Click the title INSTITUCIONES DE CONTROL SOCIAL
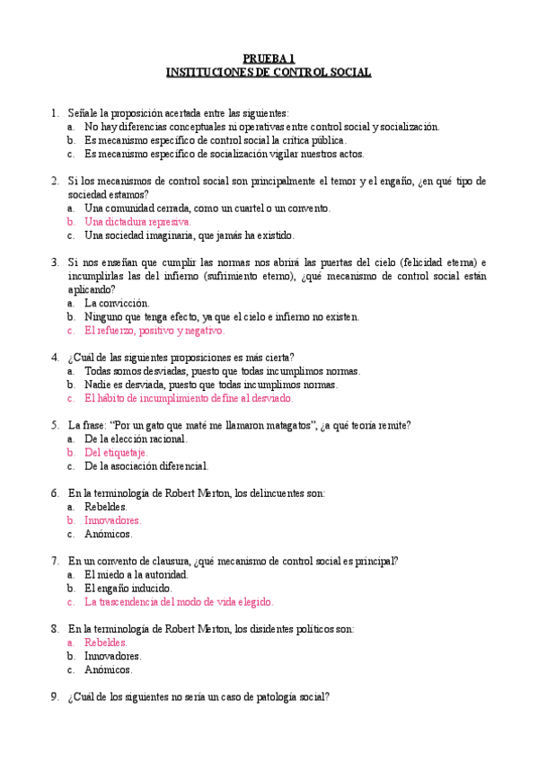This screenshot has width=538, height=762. coord(269,72)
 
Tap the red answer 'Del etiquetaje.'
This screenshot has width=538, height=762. coord(117,453)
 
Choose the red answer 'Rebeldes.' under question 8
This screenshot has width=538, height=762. coord(106,642)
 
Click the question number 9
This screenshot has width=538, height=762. coord(56,696)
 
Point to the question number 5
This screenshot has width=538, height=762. coord(56,425)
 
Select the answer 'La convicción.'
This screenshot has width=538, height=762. coord(117,304)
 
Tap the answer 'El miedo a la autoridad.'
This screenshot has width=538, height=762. coord(136,575)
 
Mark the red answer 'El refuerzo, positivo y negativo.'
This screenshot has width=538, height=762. coord(154,331)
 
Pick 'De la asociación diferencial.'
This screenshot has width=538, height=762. coord(146,466)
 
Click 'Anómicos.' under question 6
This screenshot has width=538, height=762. coord(109,534)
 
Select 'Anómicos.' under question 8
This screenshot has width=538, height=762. coord(109,669)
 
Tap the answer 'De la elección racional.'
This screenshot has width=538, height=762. coord(137,439)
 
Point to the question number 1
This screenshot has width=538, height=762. coord(56,113)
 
